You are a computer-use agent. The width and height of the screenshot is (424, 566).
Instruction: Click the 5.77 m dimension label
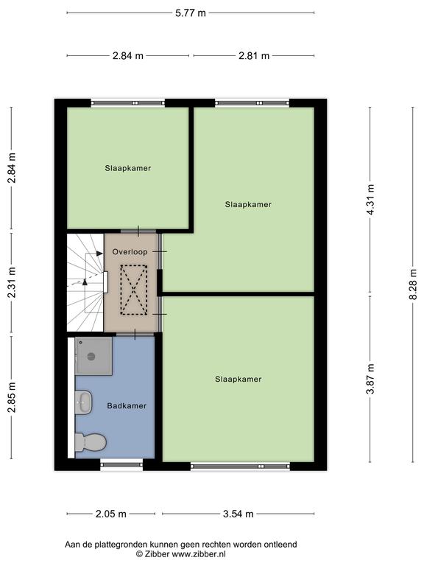point(191,13)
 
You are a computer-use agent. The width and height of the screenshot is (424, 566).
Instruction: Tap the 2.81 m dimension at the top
point(254,55)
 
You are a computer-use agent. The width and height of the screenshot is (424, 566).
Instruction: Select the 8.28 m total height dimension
point(413,284)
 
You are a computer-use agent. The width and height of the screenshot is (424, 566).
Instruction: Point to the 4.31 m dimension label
point(370,200)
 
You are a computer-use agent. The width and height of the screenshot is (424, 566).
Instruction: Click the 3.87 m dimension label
point(370,379)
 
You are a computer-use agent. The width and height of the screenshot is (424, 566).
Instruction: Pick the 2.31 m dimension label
point(12,282)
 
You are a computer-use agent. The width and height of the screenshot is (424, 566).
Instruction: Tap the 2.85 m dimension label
point(12,397)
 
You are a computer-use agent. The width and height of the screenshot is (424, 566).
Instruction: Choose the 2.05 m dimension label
point(111,514)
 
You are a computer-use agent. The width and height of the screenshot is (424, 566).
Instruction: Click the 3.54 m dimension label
point(238,514)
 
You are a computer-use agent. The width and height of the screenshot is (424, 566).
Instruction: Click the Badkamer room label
point(127,406)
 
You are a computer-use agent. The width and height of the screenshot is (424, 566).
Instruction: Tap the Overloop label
point(130,252)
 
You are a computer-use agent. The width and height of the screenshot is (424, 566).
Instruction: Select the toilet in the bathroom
point(91,442)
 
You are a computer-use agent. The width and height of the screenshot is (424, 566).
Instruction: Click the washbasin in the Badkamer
point(84,402)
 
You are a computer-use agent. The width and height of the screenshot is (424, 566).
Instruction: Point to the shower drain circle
point(91,357)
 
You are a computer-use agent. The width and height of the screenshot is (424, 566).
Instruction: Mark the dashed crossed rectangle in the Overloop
point(134,290)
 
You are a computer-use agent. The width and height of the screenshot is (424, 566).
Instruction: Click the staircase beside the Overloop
point(85,282)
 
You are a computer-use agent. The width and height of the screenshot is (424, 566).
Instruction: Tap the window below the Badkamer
point(121,464)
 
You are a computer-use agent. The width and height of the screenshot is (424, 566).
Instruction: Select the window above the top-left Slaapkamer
point(127,103)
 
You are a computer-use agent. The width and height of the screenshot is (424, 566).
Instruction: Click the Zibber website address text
point(199,553)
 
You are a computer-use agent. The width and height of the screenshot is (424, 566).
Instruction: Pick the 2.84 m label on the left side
point(12,168)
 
